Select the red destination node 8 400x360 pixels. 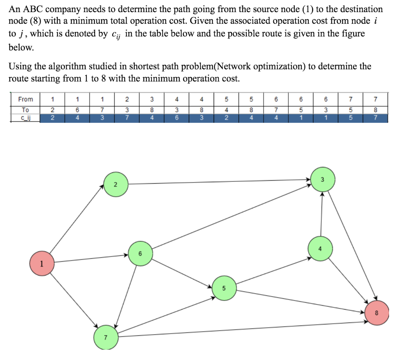(377, 312)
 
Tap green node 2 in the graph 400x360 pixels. (115, 184)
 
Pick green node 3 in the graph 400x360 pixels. (323, 180)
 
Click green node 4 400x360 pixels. (320, 248)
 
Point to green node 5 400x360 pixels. (224, 288)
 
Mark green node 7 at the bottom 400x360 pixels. (105, 337)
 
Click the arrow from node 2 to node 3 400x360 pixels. (219, 182)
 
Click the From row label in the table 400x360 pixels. (25, 99)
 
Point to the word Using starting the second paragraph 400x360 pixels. (20, 66)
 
